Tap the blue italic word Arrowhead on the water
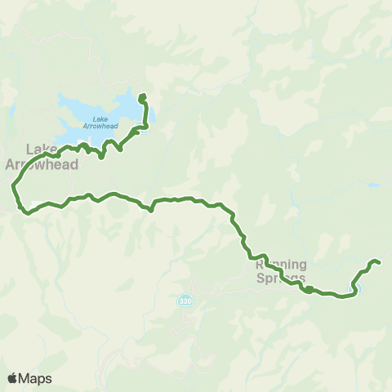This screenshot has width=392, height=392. tap(101, 127)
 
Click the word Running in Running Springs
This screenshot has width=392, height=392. tap(282, 264)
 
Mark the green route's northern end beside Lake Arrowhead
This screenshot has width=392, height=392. tap(143, 96)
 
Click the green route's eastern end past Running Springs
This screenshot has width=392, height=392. tap(379, 261)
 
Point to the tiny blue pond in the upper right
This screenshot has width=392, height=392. tap(373, 185)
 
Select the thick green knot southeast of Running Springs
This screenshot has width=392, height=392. tap(309, 288)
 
